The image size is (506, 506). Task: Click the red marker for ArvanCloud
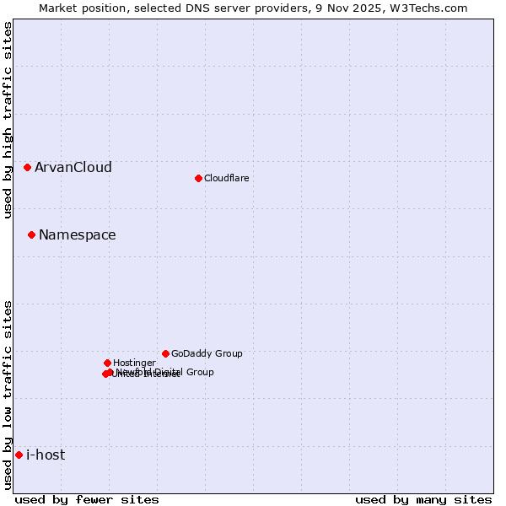click(x=27, y=167)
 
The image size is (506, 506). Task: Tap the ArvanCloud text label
click(x=73, y=167)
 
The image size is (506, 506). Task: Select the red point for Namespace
click(x=31, y=234)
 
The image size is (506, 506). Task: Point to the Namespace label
click(x=78, y=234)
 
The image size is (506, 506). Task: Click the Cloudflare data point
click(x=198, y=178)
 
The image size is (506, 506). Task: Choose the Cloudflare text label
click(x=227, y=178)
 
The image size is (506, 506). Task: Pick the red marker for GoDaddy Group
click(x=165, y=353)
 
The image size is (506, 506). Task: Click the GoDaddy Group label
click(x=207, y=353)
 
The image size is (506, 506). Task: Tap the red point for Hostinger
click(x=107, y=363)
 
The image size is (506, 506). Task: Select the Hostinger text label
click(x=134, y=363)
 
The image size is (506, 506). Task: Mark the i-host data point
click(x=19, y=455)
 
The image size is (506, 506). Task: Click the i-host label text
click(x=46, y=455)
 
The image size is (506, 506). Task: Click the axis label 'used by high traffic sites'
click(x=8, y=120)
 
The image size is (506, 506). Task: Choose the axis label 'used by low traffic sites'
click(x=8, y=395)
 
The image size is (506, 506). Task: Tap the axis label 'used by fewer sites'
click(x=87, y=499)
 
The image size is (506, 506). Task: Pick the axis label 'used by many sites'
click(x=423, y=499)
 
